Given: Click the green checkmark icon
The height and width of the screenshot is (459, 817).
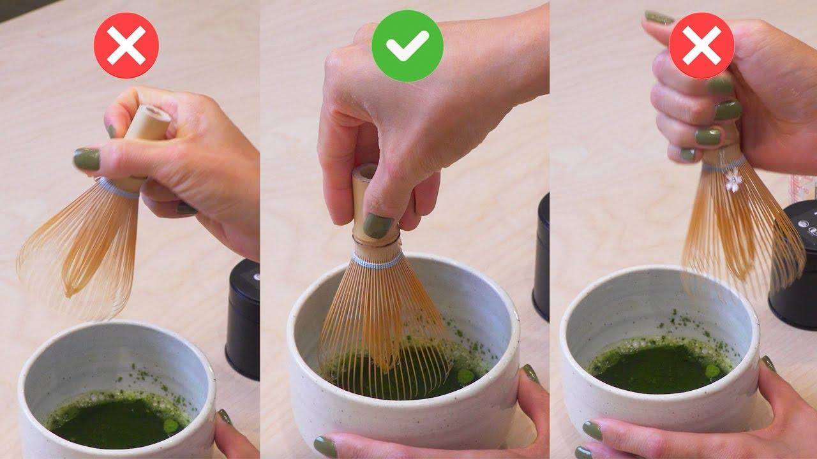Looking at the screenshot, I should [x=407, y=46].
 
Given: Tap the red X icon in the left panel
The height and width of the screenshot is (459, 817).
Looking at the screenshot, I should [x=126, y=46].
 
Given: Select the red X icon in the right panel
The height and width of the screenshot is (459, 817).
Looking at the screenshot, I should [x=701, y=46].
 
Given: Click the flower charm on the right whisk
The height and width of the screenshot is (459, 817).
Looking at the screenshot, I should [x=734, y=182].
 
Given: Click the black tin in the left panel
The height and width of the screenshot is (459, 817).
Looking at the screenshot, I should [x=243, y=319].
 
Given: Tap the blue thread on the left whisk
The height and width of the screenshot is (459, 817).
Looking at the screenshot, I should [x=118, y=188].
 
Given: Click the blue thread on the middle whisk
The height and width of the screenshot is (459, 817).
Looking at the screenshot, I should [x=377, y=261].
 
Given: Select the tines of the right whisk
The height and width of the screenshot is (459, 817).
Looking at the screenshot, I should [x=740, y=236].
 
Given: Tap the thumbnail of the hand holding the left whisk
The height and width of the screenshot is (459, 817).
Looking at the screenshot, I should [x=86, y=159].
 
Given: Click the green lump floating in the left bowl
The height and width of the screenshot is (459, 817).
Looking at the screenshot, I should [x=170, y=425].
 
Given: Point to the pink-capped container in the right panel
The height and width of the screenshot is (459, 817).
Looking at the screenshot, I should [x=803, y=188].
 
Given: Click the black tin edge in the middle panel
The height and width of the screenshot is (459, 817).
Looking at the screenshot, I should [x=542, y=255].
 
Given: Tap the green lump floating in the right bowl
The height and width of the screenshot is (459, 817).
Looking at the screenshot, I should [x=712, y=371].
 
